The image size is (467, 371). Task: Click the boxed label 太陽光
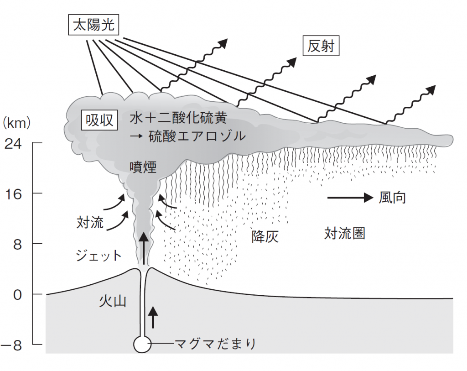point(93,25)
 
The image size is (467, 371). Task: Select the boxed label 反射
point(321,46)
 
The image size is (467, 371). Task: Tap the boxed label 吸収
point(99,120)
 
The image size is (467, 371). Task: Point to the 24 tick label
point(13,144)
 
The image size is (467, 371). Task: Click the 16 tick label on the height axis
point(13,194)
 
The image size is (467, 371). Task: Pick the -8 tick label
point(11,345)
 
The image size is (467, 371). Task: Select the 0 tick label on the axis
point(18,295)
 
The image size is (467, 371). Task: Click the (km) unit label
point(16,123)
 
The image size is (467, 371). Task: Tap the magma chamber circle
point(142,344)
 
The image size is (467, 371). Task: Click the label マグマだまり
point(215,344)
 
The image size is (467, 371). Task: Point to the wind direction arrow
point(350,197)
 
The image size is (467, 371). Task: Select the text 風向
point(392,198)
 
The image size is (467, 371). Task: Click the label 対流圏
point(345,233)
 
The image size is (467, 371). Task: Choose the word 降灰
point(265,237)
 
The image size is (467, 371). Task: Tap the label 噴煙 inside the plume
point(143,167)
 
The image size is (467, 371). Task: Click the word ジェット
point(99,256)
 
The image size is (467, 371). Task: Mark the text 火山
point(113,301)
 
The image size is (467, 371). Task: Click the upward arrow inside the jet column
point(144,249)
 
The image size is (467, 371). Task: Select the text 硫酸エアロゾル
point(197,136)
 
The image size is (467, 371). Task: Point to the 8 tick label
point(18,244)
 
